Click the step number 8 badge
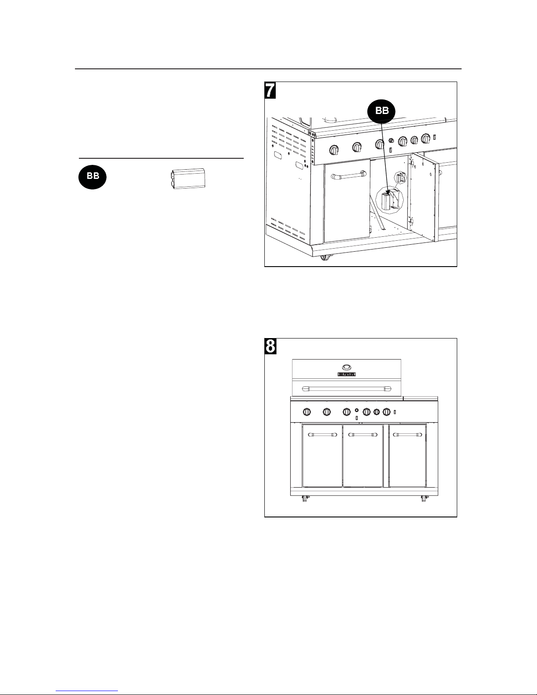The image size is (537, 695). [x=270, y=346]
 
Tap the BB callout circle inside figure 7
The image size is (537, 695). [x=381, y=111]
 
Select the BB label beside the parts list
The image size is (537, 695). [x=92, y=176]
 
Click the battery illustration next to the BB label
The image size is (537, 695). [x=187, y=179]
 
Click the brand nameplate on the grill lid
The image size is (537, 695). [x=346, y=374]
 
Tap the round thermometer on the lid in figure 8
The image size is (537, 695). [x=346, y=367]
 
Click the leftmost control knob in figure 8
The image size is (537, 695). [x=307, y=412]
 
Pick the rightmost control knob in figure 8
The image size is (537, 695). [x=386, y=412]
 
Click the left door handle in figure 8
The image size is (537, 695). [x=322, y=435]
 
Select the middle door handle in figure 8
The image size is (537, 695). [x=363, y=435]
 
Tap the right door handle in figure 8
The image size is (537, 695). [x=408, y=435]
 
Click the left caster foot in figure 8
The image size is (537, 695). [x=303, y=499]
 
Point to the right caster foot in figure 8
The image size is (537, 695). [x=424, y=499]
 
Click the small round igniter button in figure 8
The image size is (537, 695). [x=356, y=410]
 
